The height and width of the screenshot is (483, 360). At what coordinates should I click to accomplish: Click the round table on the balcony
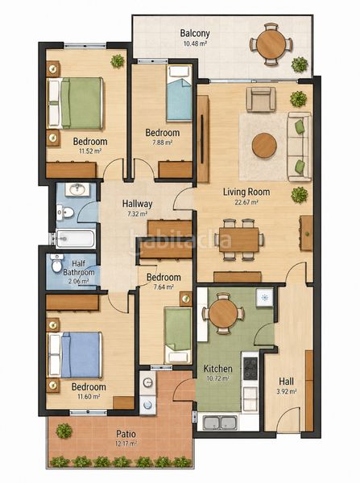coord(271,43)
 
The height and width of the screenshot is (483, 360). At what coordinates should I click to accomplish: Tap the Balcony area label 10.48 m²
coord(195,43)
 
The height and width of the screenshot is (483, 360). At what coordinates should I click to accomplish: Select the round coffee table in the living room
coord(264,146)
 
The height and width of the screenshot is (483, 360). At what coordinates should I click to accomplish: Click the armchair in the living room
coord(261,99)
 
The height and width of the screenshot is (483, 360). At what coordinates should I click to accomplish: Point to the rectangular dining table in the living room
coord(239,240)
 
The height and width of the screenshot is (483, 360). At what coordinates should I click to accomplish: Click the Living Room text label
coord(246,192)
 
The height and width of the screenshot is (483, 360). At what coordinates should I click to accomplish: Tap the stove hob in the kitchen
coord(250,368)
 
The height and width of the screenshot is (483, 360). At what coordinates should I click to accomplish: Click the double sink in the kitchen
coord(220,423)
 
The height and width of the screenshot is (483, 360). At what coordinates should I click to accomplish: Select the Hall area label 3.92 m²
coord(288,391)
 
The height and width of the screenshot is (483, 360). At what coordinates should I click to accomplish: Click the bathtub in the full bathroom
coord(75,239)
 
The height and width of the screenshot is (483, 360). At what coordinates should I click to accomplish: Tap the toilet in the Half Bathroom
coord(56,263)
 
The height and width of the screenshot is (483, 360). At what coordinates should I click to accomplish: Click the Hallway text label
coord(137,204)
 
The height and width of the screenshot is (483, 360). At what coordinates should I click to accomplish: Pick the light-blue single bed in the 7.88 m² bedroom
coord(179,93)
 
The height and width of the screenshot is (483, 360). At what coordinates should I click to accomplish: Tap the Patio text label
coord(126,434)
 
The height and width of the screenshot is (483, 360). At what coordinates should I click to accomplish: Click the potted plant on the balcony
coord(300,64)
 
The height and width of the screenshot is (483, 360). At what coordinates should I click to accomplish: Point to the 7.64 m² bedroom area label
coord(163,287)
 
